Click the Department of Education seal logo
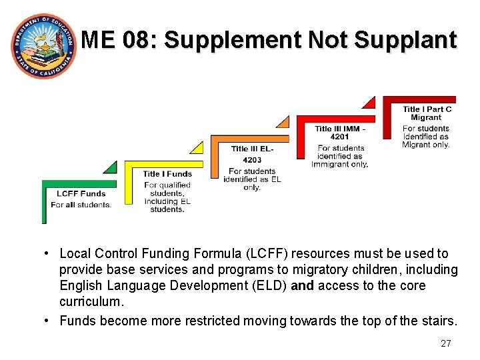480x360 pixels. coord(43,45)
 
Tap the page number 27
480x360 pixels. coord(446,343)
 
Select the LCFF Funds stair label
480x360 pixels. coord(81,194)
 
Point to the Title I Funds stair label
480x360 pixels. coord(167,174)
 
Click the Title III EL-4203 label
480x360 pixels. coord(252,154)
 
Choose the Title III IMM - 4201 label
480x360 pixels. coord(340,133)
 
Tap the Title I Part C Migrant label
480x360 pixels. coord(427,113)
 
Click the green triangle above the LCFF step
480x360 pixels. coord(109,167)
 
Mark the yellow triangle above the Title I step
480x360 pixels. coord(196,147)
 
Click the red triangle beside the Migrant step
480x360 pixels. coord(369,101)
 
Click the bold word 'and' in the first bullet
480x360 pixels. coord(302,285)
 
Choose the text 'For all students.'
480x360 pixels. coord(81,205)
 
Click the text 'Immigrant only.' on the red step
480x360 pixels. coord(339,164)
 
